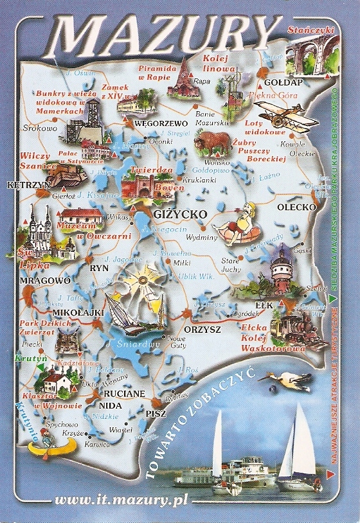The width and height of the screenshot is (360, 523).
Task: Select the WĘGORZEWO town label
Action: coord(160,123)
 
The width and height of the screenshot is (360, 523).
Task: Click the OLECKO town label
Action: coord(296,207)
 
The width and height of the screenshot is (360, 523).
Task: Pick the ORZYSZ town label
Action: coord(202,329)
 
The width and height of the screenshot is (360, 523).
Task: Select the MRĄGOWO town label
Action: coord(27,281)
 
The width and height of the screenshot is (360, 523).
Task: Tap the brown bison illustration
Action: coord(212,142)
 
